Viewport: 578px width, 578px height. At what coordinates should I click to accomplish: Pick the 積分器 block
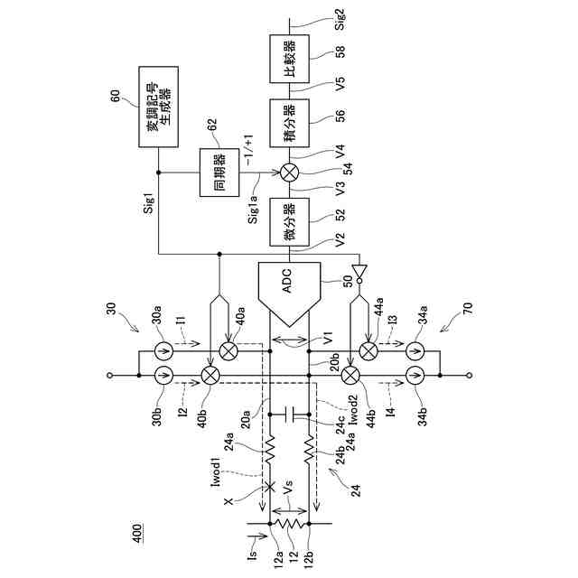click(x=289, y=123)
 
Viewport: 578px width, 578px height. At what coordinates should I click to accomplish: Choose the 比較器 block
click(x=289, y=58)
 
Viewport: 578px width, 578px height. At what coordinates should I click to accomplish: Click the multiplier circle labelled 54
click(x=289, y=172)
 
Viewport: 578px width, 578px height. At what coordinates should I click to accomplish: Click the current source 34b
click(x=415, y=376)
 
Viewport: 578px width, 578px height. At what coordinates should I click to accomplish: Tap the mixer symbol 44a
click(x=368, y=350)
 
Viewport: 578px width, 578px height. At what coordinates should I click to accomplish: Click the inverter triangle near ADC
click(x=359, y=271)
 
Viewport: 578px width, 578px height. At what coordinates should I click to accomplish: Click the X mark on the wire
click(x=266, y=489)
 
